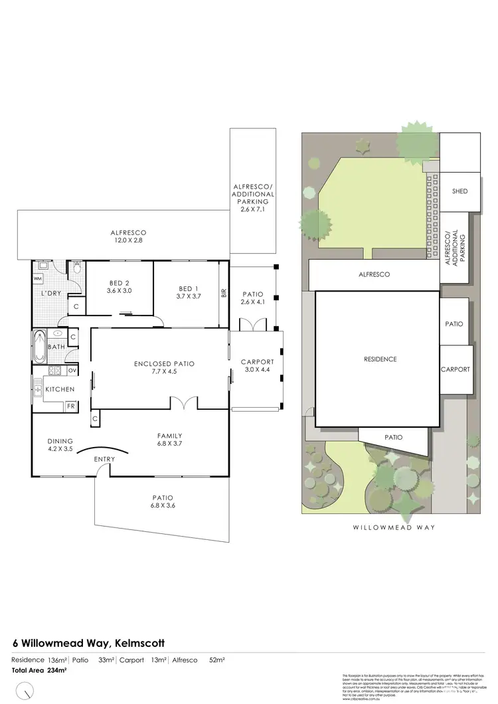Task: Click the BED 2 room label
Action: click(120, 283)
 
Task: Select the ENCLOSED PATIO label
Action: click(163, 364)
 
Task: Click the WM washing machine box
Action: click(38, 278)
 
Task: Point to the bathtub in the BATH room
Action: click(38, 345)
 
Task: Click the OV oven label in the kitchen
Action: click(72, 371)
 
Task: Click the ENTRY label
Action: click(105, 459)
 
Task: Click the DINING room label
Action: click(60, 440)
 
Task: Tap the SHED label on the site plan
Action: click(459, 191)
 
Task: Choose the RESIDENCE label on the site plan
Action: click(379, 359)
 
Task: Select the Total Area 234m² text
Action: click(40, 670)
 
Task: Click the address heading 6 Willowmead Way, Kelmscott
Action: click(89, 643)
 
